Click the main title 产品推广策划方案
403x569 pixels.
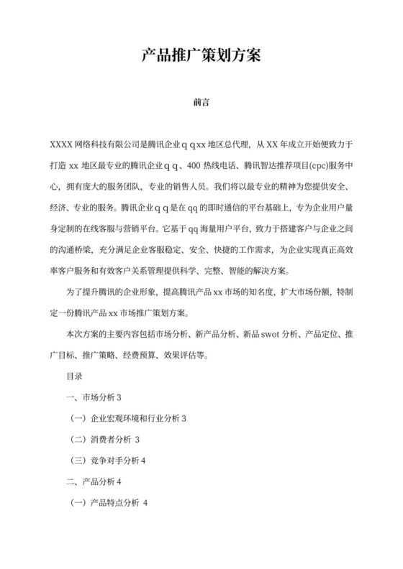coord(201,55)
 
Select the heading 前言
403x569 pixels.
coord(201,102)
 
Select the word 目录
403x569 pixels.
coord(75,376)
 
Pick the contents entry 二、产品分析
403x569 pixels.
coord(91,481)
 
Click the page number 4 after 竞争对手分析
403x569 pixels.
coord(144,460)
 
